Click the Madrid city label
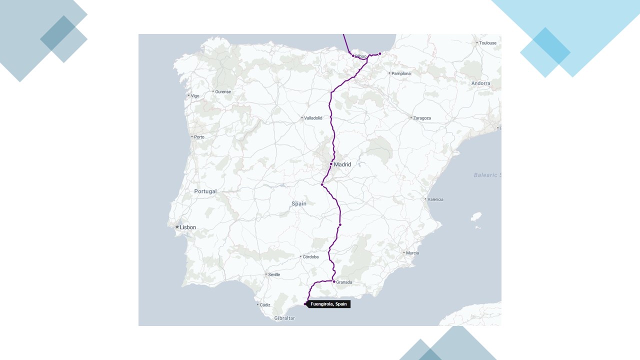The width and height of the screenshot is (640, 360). pos(342,164)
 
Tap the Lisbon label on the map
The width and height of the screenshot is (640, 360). pos(188,227)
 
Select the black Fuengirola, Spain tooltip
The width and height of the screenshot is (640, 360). pos(328,304)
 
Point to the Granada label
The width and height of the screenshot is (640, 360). pos(344,282)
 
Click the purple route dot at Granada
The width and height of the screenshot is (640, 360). pos(334,281)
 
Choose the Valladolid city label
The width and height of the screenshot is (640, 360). pos(313,118)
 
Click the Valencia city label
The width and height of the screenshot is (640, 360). pos(435,199)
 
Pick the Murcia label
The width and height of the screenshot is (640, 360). pos(412,253)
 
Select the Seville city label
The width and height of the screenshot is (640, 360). pos(274,274)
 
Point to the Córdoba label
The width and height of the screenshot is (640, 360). pos(310,257)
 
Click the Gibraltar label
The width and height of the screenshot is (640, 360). pos(284,318)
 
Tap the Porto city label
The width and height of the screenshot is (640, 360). pos(199,137)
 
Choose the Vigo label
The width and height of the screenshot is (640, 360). pos(194,95)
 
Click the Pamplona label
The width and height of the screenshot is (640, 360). pos(401,73)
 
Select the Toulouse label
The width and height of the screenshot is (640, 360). pos(487,43)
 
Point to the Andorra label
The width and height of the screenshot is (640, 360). pos(480,83)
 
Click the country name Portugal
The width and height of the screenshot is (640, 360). pos(205,191)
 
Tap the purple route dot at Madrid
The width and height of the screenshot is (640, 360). pos(331,164)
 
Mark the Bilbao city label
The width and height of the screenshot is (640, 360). pos(361,56)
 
